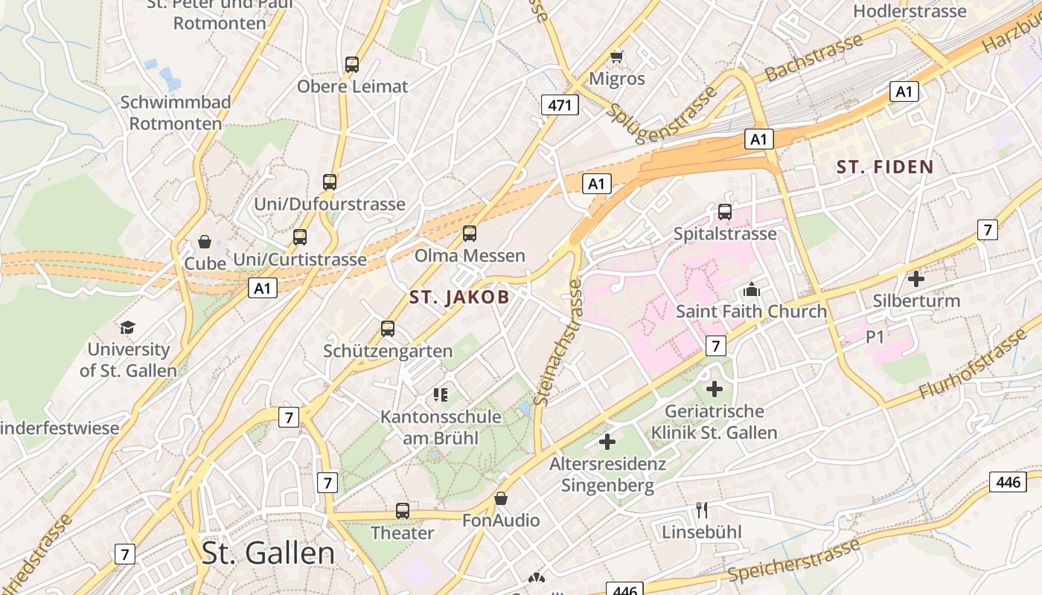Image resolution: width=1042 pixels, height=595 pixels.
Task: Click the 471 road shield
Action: click(x=560, y=106)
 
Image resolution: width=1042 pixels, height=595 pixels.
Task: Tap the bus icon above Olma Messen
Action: click(x=470, y=234)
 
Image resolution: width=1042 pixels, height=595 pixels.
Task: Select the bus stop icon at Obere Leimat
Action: click(x=352, y=65)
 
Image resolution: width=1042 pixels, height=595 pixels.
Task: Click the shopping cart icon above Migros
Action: click(x=617, y=57)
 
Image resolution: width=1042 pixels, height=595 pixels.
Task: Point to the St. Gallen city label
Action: click(x=268, y=553)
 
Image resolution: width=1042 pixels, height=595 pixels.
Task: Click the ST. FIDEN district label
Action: click(x=884, y=167)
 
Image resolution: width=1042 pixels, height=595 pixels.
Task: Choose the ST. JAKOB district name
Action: click(x=459, y=297)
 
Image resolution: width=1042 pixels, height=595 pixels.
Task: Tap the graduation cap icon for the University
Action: click(x=128, y=327)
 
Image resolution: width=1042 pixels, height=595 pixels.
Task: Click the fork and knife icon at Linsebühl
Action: click(x=701, y=510)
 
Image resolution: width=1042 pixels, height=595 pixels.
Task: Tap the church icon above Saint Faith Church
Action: click(x=752, y=289)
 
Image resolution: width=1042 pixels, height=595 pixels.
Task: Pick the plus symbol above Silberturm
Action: click(x=916, y=279)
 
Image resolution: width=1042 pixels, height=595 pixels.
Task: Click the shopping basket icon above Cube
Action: click(x=205, y=242)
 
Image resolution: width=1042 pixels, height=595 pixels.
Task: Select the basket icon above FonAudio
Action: click(x=501, y=498)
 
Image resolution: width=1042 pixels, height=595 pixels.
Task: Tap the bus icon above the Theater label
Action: click(x=403, y=511)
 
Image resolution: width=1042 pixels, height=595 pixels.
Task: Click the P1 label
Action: click(x=875, y=337)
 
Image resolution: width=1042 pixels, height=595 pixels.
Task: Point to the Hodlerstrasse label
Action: click(x=910, y=11)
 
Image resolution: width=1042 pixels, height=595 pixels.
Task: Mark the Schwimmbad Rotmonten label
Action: click(x=176, y=112)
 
